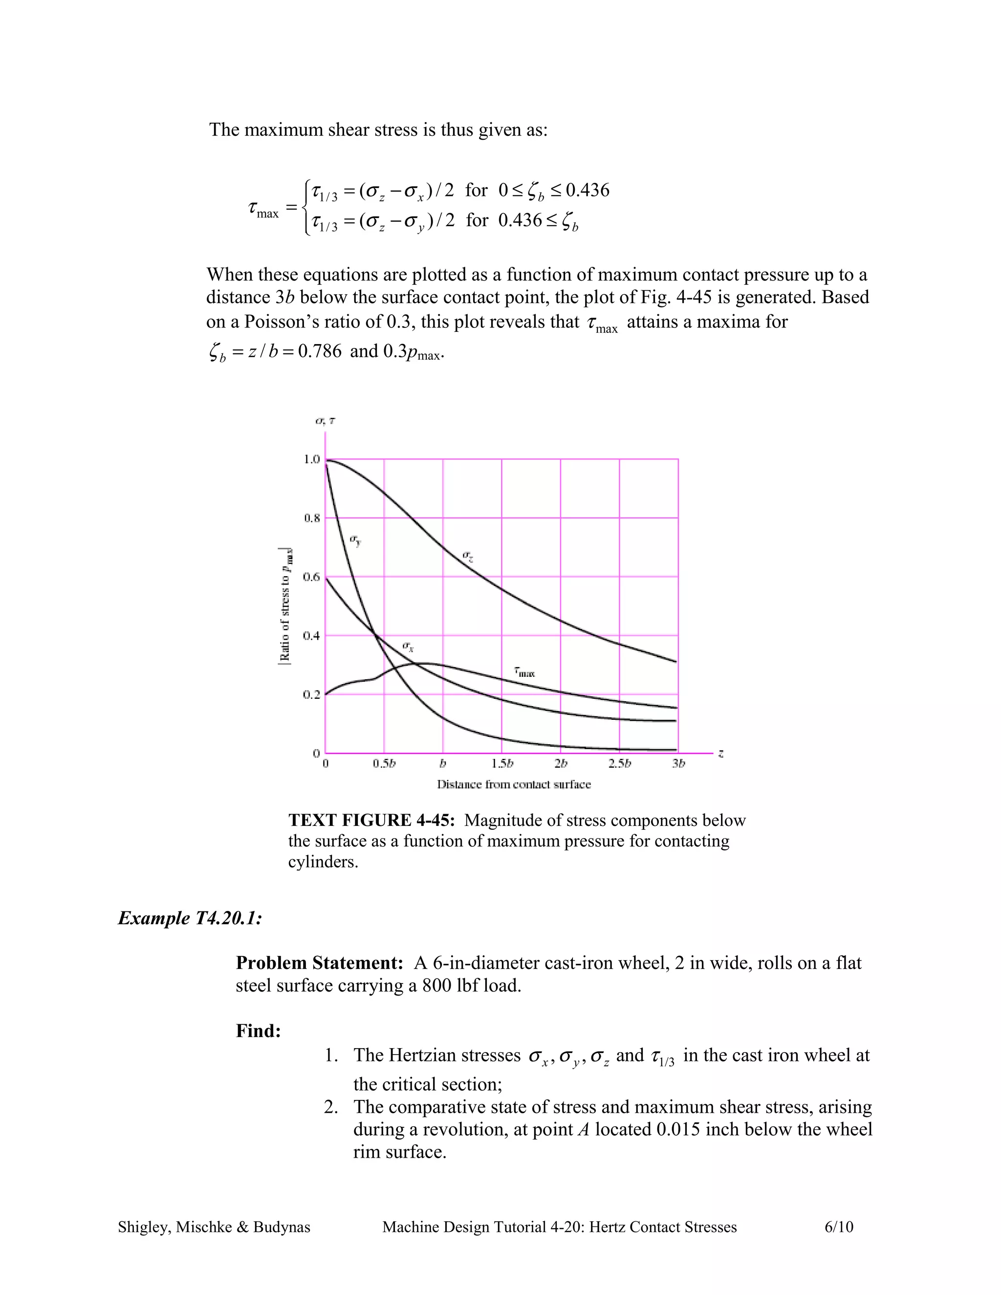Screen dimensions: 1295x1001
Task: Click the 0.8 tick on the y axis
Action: click(x=312, y=518)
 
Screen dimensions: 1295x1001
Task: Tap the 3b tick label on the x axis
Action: click(x=678, y=764)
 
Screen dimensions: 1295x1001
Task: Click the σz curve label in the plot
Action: click(x=467, y=556)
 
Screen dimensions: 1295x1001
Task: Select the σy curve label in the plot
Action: click(x=355, y=540)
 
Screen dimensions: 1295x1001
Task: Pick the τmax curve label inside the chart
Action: click(x=524, y=672)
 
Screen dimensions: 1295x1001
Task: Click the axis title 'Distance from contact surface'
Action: click(x=514, y=784)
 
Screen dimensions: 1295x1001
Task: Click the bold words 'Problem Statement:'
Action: click(x=320, y=963)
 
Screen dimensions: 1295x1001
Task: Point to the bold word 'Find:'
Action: click(x=258, y=1031)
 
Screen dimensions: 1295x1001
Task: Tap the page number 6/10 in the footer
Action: click(x=839, y=1227)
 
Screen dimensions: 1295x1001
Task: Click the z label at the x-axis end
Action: click(x=720, y=754)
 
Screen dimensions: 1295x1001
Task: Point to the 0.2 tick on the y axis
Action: click(x=312, y=694)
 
